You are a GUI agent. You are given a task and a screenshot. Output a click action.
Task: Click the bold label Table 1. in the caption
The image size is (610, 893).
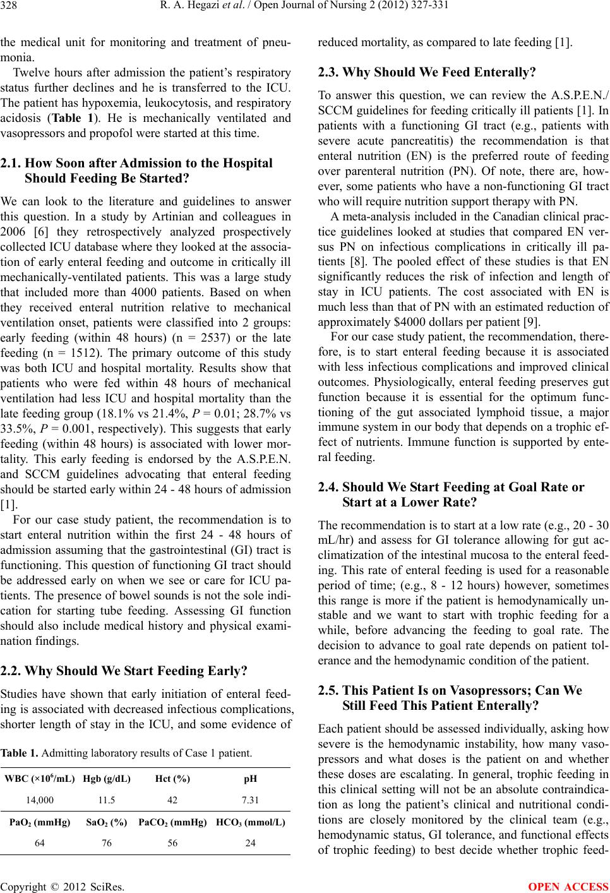19,753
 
